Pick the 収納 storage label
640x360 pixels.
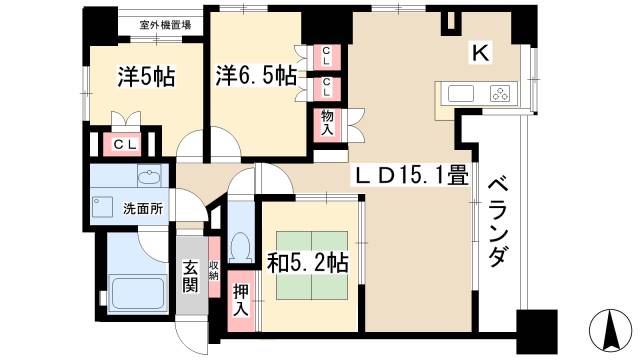coord(214,270)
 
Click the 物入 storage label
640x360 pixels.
coord(327,123)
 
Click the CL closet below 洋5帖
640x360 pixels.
coord(124,145)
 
